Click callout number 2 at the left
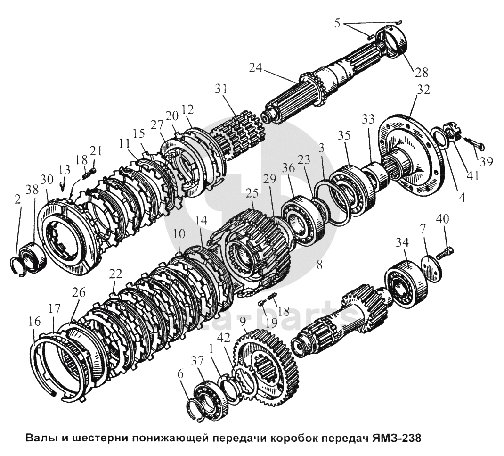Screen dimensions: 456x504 click(17, 199)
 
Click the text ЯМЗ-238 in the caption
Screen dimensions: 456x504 click(394, 438)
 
